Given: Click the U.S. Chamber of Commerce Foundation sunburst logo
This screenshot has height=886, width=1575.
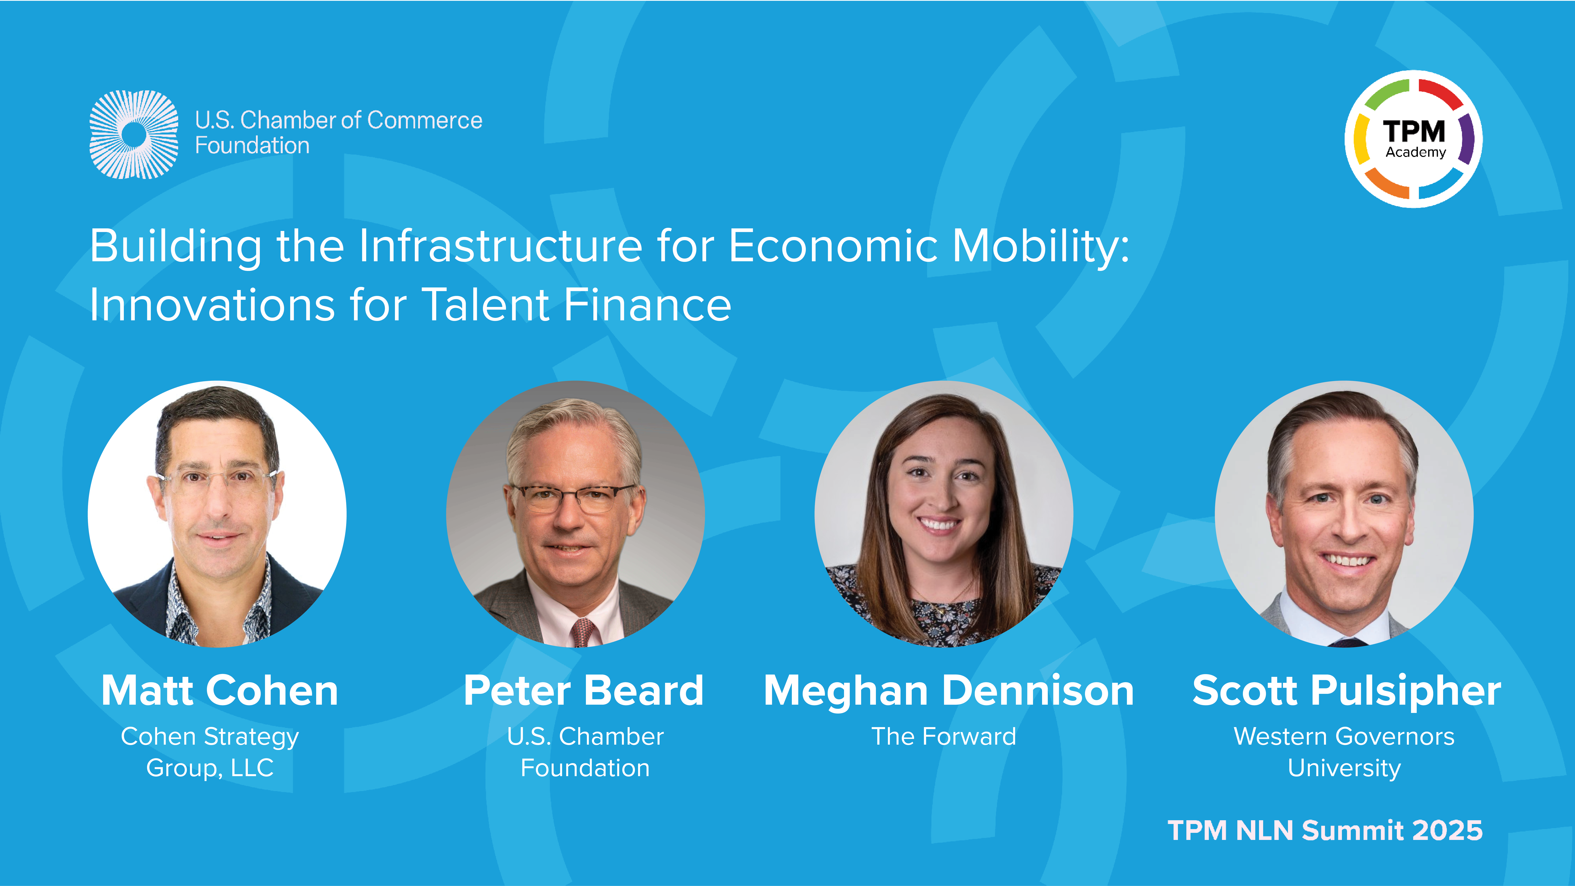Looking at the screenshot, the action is pos(134,134).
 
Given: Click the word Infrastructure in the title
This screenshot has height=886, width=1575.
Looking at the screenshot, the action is pos(501,246).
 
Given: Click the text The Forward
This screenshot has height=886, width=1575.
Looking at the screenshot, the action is pos(943,736).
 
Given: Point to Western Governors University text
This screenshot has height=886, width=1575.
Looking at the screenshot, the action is pos(1344,752).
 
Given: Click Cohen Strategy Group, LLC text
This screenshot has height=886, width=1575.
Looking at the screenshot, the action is pos(210,752).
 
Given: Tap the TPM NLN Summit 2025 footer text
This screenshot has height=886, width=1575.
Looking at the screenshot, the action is pos(1325,830).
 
